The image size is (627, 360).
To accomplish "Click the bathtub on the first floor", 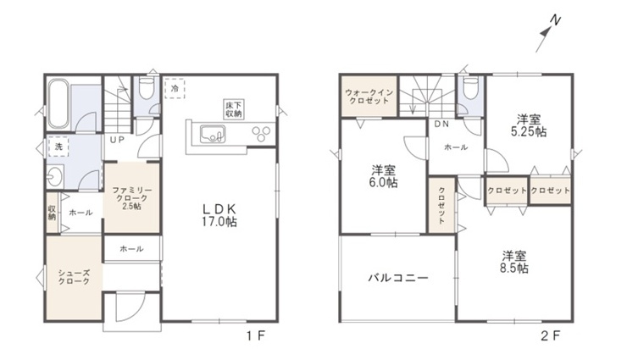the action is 58,104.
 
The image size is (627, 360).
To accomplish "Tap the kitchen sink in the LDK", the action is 212,134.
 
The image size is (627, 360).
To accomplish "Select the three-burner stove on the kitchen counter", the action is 261,133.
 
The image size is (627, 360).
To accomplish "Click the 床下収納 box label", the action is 234,109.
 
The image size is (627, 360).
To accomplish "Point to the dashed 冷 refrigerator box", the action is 175,88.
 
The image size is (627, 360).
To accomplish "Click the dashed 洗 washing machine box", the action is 58,147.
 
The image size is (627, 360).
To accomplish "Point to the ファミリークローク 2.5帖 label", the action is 131,198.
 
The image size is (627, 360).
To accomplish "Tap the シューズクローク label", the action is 74,277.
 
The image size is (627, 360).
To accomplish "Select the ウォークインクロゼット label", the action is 369,97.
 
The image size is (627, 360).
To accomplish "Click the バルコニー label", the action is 398,277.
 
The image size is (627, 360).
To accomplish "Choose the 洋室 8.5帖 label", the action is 514,262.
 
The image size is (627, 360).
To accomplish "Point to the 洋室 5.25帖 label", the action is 529,125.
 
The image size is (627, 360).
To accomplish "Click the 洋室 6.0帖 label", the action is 384,176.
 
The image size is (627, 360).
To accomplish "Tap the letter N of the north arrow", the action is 555,19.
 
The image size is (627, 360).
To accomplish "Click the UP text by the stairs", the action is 117,140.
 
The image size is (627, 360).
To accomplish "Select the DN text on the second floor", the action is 441,125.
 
